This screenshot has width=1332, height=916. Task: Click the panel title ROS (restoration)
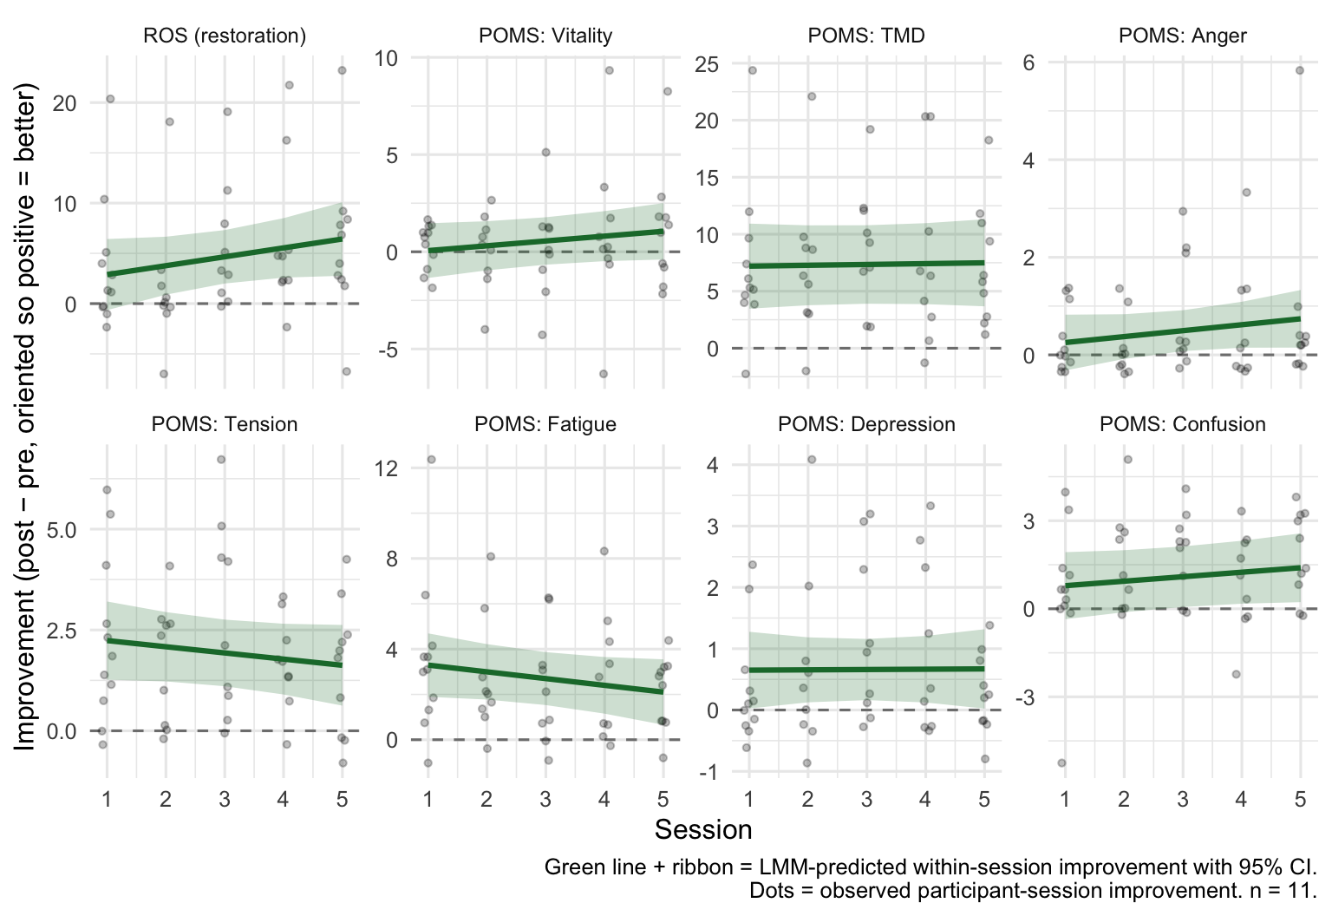[x=225, y=36]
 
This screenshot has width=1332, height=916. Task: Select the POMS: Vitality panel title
[x=545, y=36]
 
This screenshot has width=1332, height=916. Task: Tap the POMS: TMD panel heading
[x=866, y=36]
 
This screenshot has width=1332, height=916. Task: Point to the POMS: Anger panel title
[x=1183, y=36]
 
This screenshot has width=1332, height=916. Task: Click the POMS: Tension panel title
[x=225, y=424]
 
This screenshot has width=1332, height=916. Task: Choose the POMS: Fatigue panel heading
[x=545, y=424]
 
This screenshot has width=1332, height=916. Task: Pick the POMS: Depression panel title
[x=866, y=424]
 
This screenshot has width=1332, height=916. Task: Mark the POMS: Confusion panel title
[x=1183, y=424]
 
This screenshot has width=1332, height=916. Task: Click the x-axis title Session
[x=703, y=830]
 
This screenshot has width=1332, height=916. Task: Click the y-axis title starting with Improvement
[x=25, y=416]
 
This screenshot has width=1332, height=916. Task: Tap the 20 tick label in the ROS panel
[x=64, y=103]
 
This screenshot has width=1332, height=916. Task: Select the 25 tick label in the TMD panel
[x=707, y=63]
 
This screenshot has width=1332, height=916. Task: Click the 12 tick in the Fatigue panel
[x=387, y=468]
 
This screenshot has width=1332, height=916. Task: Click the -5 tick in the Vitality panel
[x=385, y=350]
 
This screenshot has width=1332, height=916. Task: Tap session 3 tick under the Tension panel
[x=225, y=799]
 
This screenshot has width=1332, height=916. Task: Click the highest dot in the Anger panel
[x=1300, y=70]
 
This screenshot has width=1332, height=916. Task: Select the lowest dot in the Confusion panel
[x=1061, y=762]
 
